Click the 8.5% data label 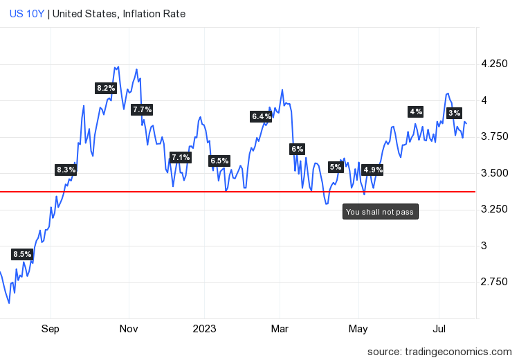pos(23,254)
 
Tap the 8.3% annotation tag pos(66,170)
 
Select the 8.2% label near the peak pos(106,88)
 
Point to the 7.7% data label pos(142,109)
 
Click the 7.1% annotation pos(180,157)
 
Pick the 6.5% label pos(219,161)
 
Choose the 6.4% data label pos(261,116)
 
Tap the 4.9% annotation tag pos(372,170)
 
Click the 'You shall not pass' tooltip pos(380,212)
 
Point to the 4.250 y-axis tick pos(493,64)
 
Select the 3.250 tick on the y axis pos(493,209)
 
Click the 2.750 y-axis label pos(493,282)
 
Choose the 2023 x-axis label pos(205,328)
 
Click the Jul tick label pos(439,328)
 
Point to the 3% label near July pos(454,113)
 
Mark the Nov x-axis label pos(129,328)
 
